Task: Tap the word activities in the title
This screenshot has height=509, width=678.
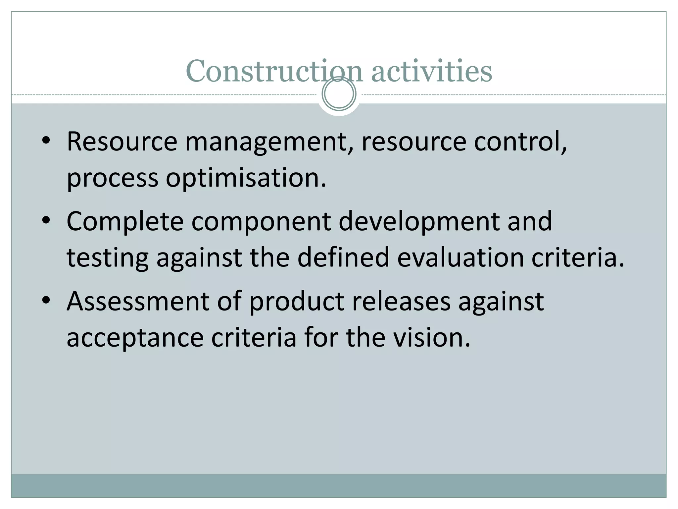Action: point(431,71)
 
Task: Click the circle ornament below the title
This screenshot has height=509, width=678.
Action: point(339,94)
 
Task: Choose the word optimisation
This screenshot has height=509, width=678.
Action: point(246,178)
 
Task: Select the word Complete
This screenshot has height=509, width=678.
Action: point(125,221)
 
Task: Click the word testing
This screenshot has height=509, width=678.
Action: point(108,258)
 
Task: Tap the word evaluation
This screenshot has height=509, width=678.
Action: point(460,257)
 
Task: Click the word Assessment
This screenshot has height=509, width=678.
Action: point(138,301)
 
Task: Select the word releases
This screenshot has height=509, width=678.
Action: point(401,301)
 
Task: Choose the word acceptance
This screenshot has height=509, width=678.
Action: point(135,338)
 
